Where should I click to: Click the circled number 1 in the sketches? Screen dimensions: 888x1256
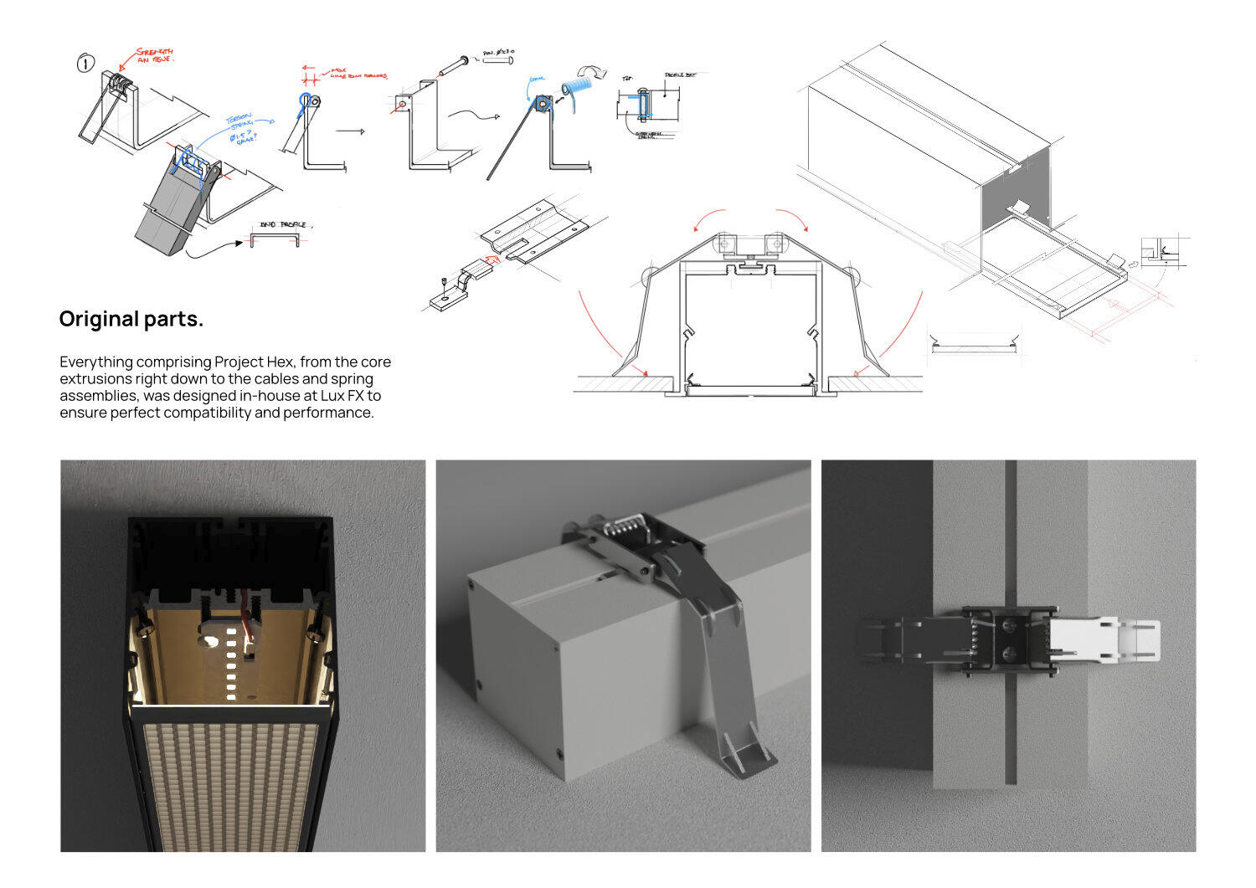(x=86, y=63)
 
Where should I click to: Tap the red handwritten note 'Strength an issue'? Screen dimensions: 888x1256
(x=154, y=55)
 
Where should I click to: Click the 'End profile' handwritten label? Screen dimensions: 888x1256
(x=283, y=225)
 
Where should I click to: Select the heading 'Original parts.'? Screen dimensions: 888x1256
(x=131, y=319)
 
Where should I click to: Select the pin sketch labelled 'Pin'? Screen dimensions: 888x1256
(x=460, y=63)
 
